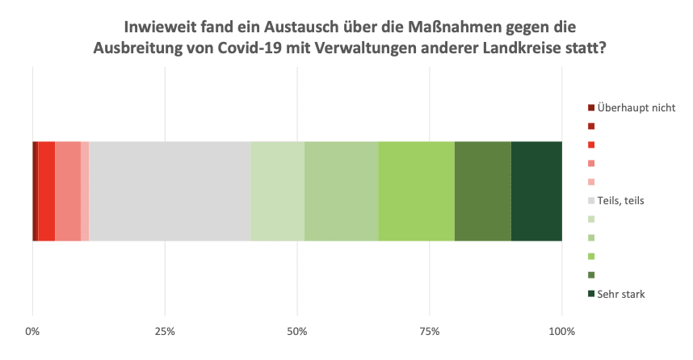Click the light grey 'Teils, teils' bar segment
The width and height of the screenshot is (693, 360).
170,191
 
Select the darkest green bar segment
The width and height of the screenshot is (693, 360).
536,191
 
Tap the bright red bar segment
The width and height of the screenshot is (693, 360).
46,191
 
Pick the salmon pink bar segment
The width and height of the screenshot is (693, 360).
68,191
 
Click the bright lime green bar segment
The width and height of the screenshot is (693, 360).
417,191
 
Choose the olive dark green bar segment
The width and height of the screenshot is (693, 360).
483,191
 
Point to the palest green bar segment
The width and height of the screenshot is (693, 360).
278,191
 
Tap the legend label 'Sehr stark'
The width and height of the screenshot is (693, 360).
621,294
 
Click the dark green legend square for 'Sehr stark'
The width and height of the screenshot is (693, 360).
591,294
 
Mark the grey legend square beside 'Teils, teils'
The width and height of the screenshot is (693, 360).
591,200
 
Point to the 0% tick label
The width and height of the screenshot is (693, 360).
32,332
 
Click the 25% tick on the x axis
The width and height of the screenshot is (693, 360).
165,332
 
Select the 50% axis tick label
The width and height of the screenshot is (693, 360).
297,332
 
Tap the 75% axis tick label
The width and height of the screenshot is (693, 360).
430,332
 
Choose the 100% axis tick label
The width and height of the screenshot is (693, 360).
562,332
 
